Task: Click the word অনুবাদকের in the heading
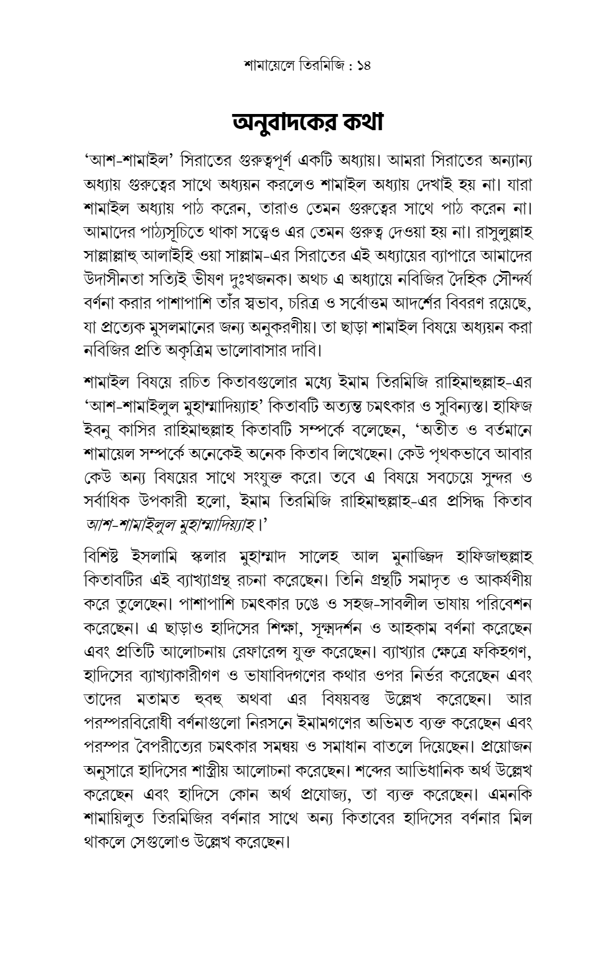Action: click(x=283, y=122)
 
